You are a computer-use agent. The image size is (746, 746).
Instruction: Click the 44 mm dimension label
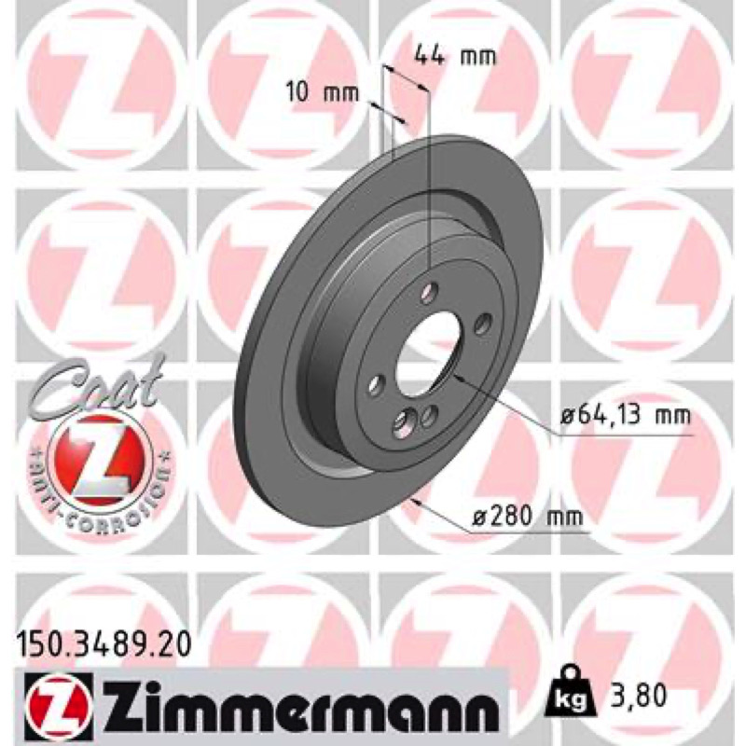tap(456, 57)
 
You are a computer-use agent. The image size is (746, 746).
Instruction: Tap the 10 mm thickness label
tap(323, 91)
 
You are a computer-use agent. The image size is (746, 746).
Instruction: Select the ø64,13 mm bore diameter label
tap(625, 417)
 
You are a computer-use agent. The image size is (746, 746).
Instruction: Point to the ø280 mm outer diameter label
tap(527, 516)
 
